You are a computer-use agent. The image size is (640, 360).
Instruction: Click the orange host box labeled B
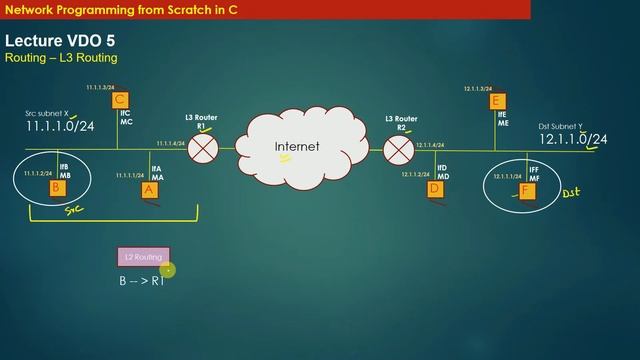pos(57,187)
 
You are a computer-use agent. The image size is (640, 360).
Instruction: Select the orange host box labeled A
pos(150,189)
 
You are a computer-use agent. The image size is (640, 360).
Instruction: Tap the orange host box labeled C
pos(120,100)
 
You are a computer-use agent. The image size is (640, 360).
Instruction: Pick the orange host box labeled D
pos(435,188)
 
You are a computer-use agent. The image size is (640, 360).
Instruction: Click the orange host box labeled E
pos(497,100)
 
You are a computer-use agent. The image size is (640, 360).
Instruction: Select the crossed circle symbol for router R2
pos(398,150)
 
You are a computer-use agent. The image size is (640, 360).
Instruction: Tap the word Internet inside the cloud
pos(297,147)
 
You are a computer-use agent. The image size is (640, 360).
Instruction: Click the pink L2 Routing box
pos(143,258)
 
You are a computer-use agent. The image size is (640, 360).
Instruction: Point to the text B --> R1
pos(141,283)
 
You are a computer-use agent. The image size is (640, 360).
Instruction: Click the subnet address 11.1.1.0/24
pos(60,126)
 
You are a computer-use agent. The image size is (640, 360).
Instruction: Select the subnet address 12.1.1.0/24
pos(573,139)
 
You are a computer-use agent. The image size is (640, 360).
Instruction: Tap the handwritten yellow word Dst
pos(570,192)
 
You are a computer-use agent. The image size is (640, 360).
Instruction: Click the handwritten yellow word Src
pos(73,211)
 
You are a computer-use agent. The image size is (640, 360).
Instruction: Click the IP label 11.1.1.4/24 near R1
pos(170,144)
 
